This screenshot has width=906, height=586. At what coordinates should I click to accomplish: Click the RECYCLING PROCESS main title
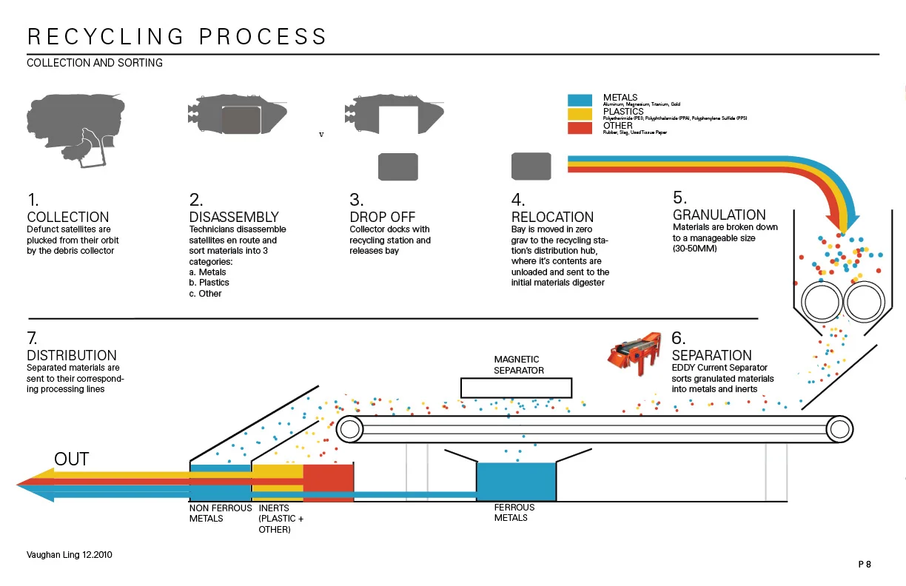[x=177, y=37]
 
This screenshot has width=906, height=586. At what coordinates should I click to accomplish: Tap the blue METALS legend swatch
[x=580, y=101]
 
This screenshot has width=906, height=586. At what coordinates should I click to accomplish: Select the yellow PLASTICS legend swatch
[x=580, y=114]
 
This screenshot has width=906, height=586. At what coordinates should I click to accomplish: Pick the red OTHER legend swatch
[x=580, y=127]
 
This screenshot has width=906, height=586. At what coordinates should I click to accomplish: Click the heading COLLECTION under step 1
[x=68, y=217]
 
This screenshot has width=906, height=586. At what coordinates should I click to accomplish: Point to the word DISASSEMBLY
[x=234, y=217]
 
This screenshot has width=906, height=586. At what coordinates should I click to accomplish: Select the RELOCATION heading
[x=552, y=217]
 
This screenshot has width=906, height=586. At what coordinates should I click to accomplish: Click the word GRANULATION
[x=719, y=215]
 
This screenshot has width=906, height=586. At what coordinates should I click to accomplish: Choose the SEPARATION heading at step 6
[x=711, y=355]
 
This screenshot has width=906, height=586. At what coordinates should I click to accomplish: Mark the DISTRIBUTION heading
[x=72, y=355]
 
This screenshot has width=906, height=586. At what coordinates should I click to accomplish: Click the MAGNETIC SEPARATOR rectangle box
[x=516, y=388]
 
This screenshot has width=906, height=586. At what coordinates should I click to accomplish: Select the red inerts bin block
[x=329, y=483]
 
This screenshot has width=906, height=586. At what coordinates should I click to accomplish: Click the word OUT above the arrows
[x=71, y=459]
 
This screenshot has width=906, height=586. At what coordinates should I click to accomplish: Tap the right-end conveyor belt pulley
[x=839, y=429]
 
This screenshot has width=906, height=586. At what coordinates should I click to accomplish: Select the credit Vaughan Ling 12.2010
[x=70, y=554]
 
